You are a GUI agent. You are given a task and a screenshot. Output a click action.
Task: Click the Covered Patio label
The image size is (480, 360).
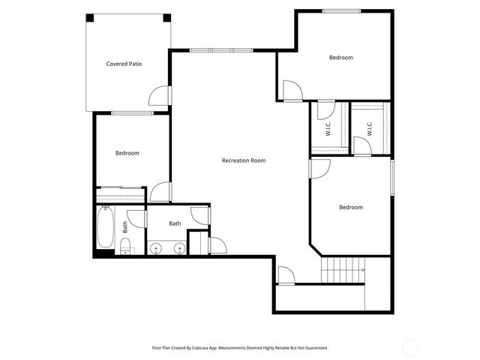pyautogui.click(x=124, y=64)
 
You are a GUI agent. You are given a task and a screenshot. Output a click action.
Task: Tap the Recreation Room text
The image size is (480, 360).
pyautogui.click(x=243, y=160)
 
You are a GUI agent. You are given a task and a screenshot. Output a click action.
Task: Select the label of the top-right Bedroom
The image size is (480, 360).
pyautogui.click(x=340, y=57)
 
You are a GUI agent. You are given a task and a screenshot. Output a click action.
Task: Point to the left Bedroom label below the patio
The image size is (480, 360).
pyautogui.click(x=127, y=153)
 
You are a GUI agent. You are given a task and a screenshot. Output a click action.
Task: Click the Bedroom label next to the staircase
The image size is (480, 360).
pyautogui.click(x=350, y=207)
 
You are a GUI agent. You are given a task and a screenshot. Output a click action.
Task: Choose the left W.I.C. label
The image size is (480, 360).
pyautogui.click(x=328, y=129)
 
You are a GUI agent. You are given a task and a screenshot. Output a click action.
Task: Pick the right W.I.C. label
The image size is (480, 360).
pyautogui.click(x=370, y=129)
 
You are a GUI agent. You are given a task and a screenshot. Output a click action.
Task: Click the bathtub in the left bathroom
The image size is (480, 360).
pyautogui.click(x=106, y=226)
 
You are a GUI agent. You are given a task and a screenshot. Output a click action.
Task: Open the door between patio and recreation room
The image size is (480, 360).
pyautogui.click(x=160, y=94)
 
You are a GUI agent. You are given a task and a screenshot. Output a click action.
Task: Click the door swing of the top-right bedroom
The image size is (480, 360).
pyautogui.click(x=292, y=91)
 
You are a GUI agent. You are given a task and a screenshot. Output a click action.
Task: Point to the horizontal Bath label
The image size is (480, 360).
pyautogui.click(x=175, y=223)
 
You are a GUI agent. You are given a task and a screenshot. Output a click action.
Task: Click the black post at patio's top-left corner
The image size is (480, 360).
pyautogui.click(x=90, y=17)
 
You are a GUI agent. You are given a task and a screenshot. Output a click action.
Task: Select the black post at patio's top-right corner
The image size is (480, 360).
pyautogui.click(x=166, y=17)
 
